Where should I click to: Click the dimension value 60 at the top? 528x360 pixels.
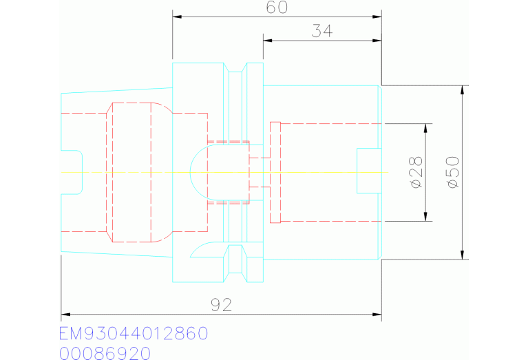click(x=277, y=8)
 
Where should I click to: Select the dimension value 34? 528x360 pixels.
click(x=322, y=31)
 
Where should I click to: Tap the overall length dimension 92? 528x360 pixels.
click(x=221, y=305)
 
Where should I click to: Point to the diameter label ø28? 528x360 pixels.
click(x=416, y=172)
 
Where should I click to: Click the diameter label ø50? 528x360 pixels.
click(x=453, y=172)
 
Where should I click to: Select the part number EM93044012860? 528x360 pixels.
click(x=134, y=333)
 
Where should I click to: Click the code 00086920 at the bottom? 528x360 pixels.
click(x=105, y=354)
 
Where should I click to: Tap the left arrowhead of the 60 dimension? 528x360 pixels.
click(x=177, y=17)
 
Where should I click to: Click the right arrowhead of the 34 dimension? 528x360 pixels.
click(x=377, y=41)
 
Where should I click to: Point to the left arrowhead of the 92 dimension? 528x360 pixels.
click(x=65, y=314)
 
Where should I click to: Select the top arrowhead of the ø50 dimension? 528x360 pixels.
click(x=463, y=90)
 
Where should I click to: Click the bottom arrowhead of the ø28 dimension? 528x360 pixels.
click(x=425, y=217)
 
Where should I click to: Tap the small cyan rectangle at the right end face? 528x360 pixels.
click(x=369, y=171)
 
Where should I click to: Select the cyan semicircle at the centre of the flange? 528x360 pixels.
click(x=191, y=172)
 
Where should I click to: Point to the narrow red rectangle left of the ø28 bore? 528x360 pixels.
click(x=275, y=172)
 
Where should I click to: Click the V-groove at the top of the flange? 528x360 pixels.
click(x=235, y=67)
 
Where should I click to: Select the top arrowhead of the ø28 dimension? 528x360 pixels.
click(x=425, y=128)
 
